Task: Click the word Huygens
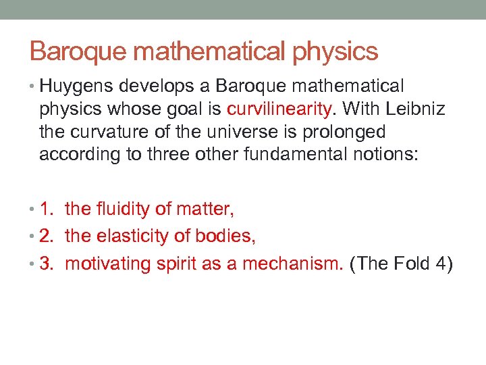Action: (x=76, y=87)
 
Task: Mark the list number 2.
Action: (x=45, y=237)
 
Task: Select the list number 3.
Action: (x=45, y=264)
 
